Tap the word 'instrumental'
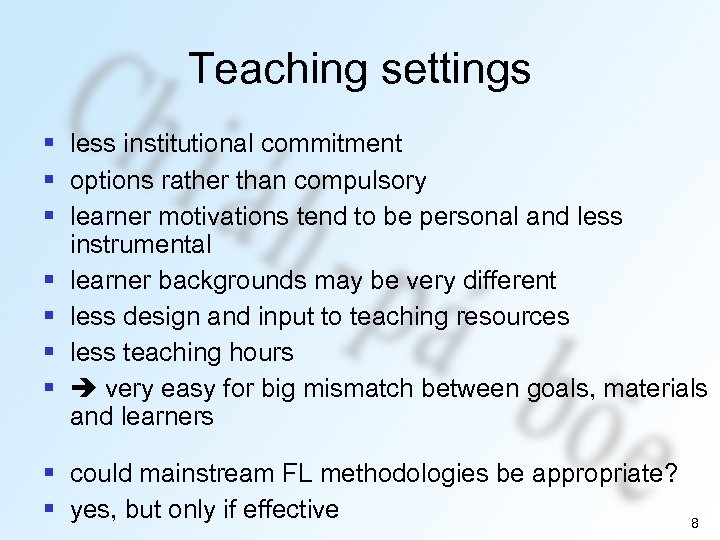pos(141,244)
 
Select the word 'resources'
pos(512,316)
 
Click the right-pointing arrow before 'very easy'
pos(84,388)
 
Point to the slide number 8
pos(694,523)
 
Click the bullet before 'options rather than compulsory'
pos(48,181)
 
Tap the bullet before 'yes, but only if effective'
pos(48,509)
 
